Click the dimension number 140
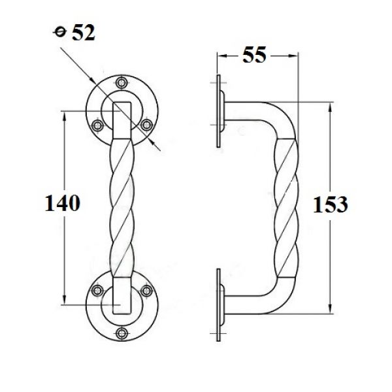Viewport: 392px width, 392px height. (63, 203)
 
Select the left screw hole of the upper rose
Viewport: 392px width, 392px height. (97, 124)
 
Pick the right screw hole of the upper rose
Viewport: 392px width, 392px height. (146, 123)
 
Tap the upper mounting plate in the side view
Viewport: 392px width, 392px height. (218, 112)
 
